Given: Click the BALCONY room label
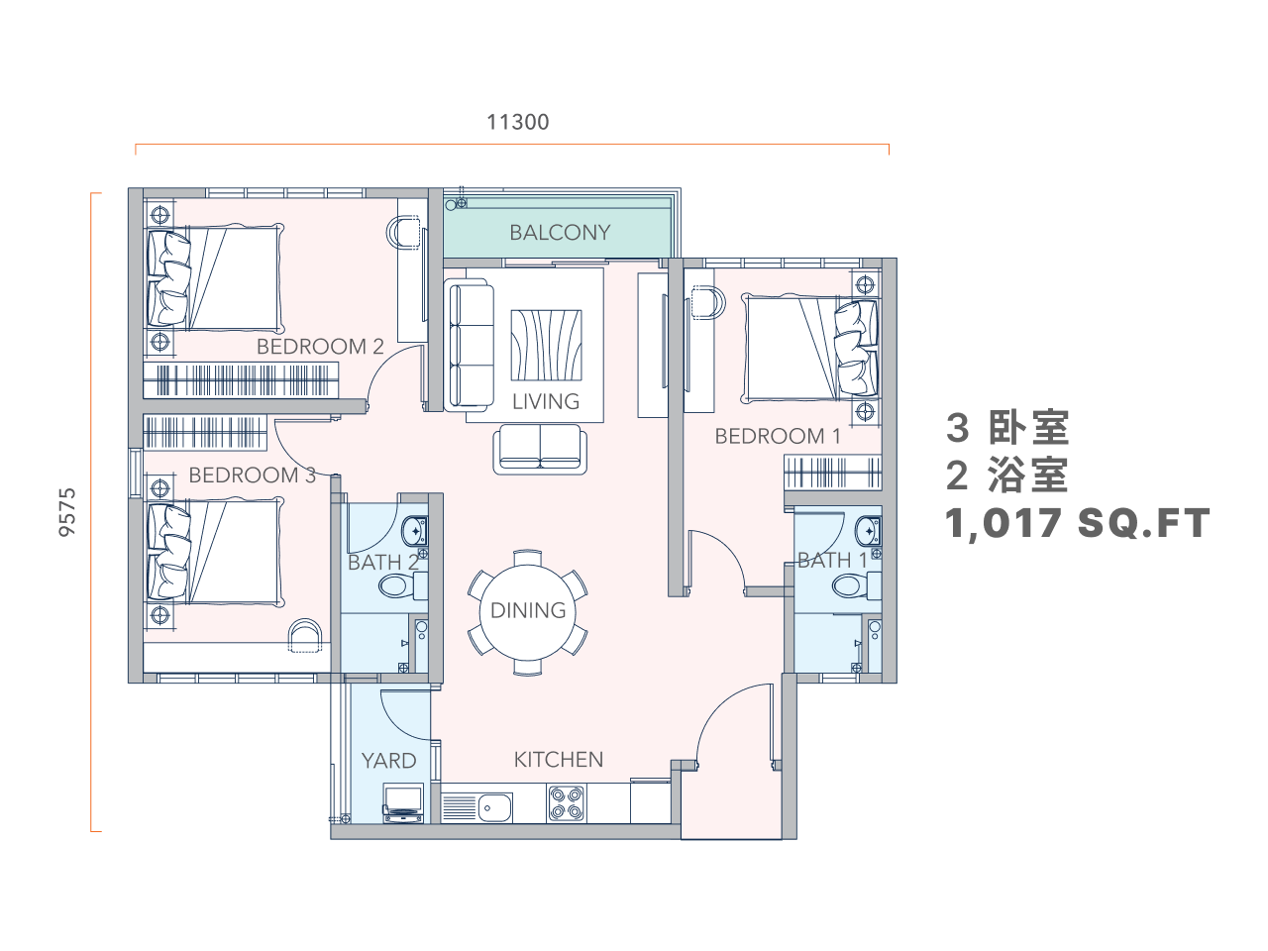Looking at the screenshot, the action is click(x=559, y=233).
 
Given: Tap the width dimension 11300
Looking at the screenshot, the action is click(x=517, y=123).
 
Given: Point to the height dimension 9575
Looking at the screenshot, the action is click(x=67, y=512).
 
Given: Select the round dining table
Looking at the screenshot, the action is click(x=527, y=612).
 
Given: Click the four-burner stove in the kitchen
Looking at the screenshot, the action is click(x=566, y=803).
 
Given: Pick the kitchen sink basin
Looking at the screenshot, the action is click(x=494, y=807).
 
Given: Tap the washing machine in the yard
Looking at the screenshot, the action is click(x=403, y=803).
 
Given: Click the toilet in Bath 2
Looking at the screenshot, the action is click(x=402, y=586).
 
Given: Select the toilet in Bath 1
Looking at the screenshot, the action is click(x=856, y=586).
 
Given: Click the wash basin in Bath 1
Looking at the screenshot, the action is click(x=868, y=531).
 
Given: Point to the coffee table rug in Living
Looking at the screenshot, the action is click(x=546, y=346).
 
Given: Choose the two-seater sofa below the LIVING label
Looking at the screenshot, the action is click(x=540, y=449).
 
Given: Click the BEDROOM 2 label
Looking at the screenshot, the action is click(x=320, y=347).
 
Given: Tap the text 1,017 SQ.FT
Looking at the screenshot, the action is click(x=1078, y=524).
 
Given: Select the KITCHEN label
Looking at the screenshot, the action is click(x=558, y=759).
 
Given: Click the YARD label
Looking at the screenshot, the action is click(x=388, y=761).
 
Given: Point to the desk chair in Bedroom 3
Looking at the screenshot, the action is click(x=304, y=636).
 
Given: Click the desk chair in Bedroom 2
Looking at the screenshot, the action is click(x=403, y=233).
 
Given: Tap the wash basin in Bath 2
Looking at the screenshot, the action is click(x=414, y=531).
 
